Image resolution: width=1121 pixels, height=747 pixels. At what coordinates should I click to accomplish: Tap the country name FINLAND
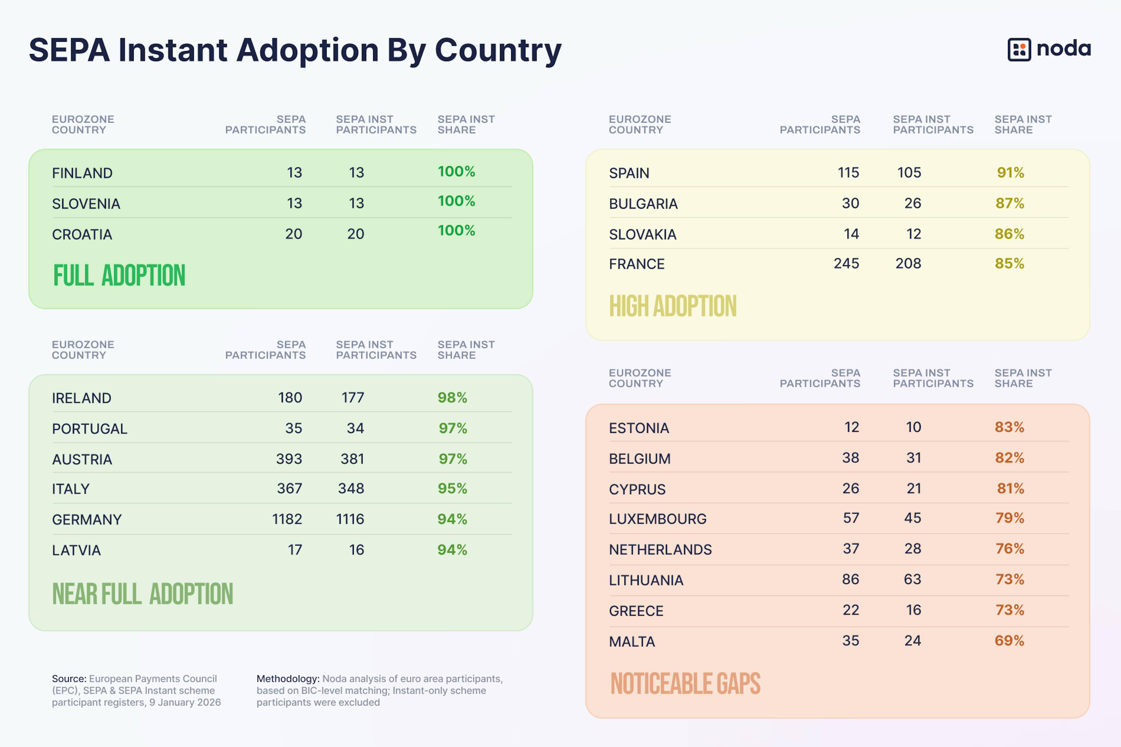point(82,173)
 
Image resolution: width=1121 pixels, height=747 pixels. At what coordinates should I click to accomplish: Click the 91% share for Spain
point(1010,173)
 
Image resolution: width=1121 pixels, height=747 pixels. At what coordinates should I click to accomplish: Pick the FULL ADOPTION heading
point(119,275)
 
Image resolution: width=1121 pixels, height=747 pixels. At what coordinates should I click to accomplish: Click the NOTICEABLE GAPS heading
point(685,684)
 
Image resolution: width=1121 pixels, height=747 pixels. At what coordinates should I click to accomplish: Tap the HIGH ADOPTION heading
point(673,306)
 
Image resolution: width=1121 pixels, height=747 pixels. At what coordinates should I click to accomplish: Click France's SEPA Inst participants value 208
point(908,264)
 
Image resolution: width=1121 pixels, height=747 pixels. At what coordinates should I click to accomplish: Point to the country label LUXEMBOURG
point(657,519)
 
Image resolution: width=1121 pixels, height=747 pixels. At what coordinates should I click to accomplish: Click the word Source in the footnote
point(69,678)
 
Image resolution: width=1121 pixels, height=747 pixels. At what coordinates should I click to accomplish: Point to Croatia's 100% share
point(456,231)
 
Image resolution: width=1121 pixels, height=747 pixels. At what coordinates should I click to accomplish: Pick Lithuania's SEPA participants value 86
point(850,579)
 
